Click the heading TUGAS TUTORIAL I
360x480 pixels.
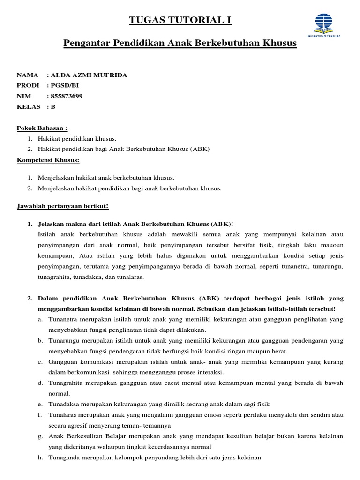pyautogui.click(x=180, y=20)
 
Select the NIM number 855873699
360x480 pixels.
pyautogui.click(x=70, y=96)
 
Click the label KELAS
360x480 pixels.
pyautogui.click(x=28, y=106)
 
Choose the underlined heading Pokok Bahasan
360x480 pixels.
pyautogui.click(x=42, y=128)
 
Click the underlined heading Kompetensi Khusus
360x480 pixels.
pyautogui.click(x=48, y=160)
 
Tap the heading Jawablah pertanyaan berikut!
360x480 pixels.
pyautogui.click(x=63, y=206)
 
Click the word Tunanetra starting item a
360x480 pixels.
pyautogui.click(x=64, y=319)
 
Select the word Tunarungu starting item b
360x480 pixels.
pyautogui.click(x=65, y=341)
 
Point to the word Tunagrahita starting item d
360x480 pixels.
pyautogui.click(x=67, y=383)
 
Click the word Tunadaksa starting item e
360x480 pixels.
pyautogui.click(x=65, y=404)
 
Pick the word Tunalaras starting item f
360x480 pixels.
pyautogui.click(x=64, y=415)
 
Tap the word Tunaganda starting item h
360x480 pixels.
pyautogui.click(x=65, y=457)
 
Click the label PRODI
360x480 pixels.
pyautogui.click(x=28, y=85)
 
